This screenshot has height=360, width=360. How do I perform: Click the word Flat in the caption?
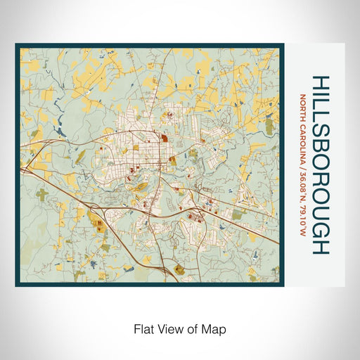pyautogui.click(x=142, y=328)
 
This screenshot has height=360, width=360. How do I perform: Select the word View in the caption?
pyautogui.click(x=168, y=328)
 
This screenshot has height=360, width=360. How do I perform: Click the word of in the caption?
pyautogui.click(x=192, y=328)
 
